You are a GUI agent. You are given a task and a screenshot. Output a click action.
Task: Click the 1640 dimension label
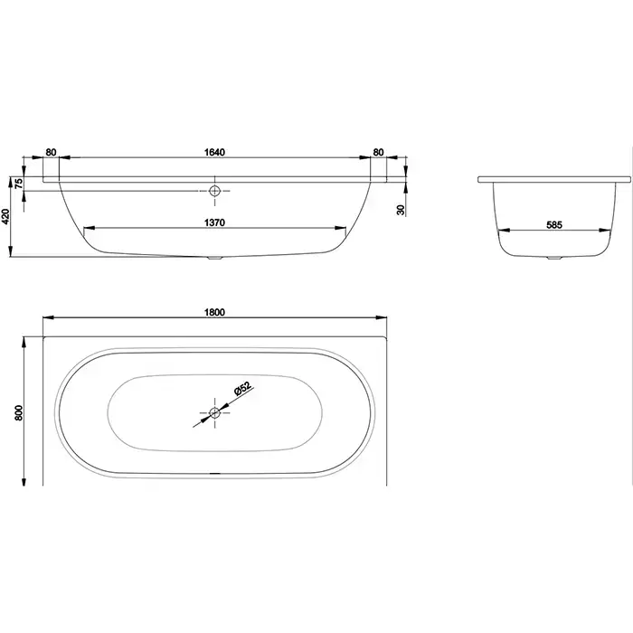click(x=214, y=152)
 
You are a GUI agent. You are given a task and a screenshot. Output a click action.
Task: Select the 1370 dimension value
click(x=214, y=222)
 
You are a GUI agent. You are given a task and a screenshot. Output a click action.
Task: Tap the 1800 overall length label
click(x=214, y=312)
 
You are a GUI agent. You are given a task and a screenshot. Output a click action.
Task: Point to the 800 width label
click(x=19, y=411)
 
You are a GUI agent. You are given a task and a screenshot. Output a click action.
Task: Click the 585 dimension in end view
click(x=554, y=225)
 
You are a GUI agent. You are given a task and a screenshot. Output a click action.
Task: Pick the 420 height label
click(x=5, y=217)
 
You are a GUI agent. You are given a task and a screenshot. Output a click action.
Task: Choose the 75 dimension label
click(x=19, y=184)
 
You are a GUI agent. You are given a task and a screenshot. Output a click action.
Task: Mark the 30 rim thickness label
click(x=401, y=210)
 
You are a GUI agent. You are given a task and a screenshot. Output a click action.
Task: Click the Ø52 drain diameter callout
click(x=242, y=389)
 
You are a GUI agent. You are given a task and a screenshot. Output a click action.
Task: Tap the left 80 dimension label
click(x=51, y=152)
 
